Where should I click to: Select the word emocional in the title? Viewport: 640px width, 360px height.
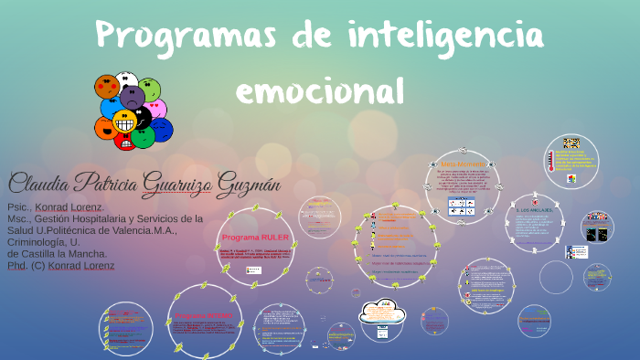click(319, 90)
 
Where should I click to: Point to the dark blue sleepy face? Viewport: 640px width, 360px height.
click(162, 129)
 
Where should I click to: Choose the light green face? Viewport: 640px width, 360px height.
click(150, 89)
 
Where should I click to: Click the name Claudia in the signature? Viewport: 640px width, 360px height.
click(42, 183)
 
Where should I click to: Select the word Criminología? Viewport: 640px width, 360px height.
click(35, 242)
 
